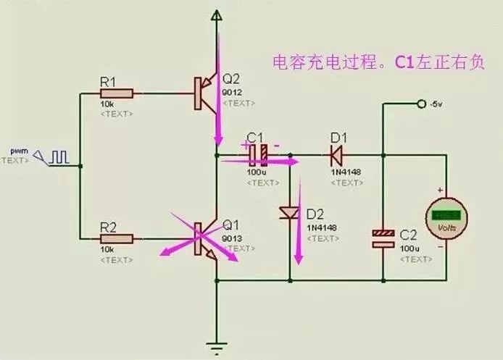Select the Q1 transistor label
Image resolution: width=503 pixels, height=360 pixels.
click(x=230, y=225)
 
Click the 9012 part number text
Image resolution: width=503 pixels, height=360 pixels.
click(x=232, y=92)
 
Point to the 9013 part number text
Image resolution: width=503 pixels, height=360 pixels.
click(x=231, y=238)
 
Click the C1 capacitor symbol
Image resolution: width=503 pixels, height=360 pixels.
click(x=259, y=154)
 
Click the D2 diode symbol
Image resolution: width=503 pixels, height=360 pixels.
click(x=289, y=213)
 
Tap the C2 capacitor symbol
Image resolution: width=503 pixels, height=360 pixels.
click(x=382, y=238)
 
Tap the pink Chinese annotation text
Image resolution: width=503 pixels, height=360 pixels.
click(x=377, y=63)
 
